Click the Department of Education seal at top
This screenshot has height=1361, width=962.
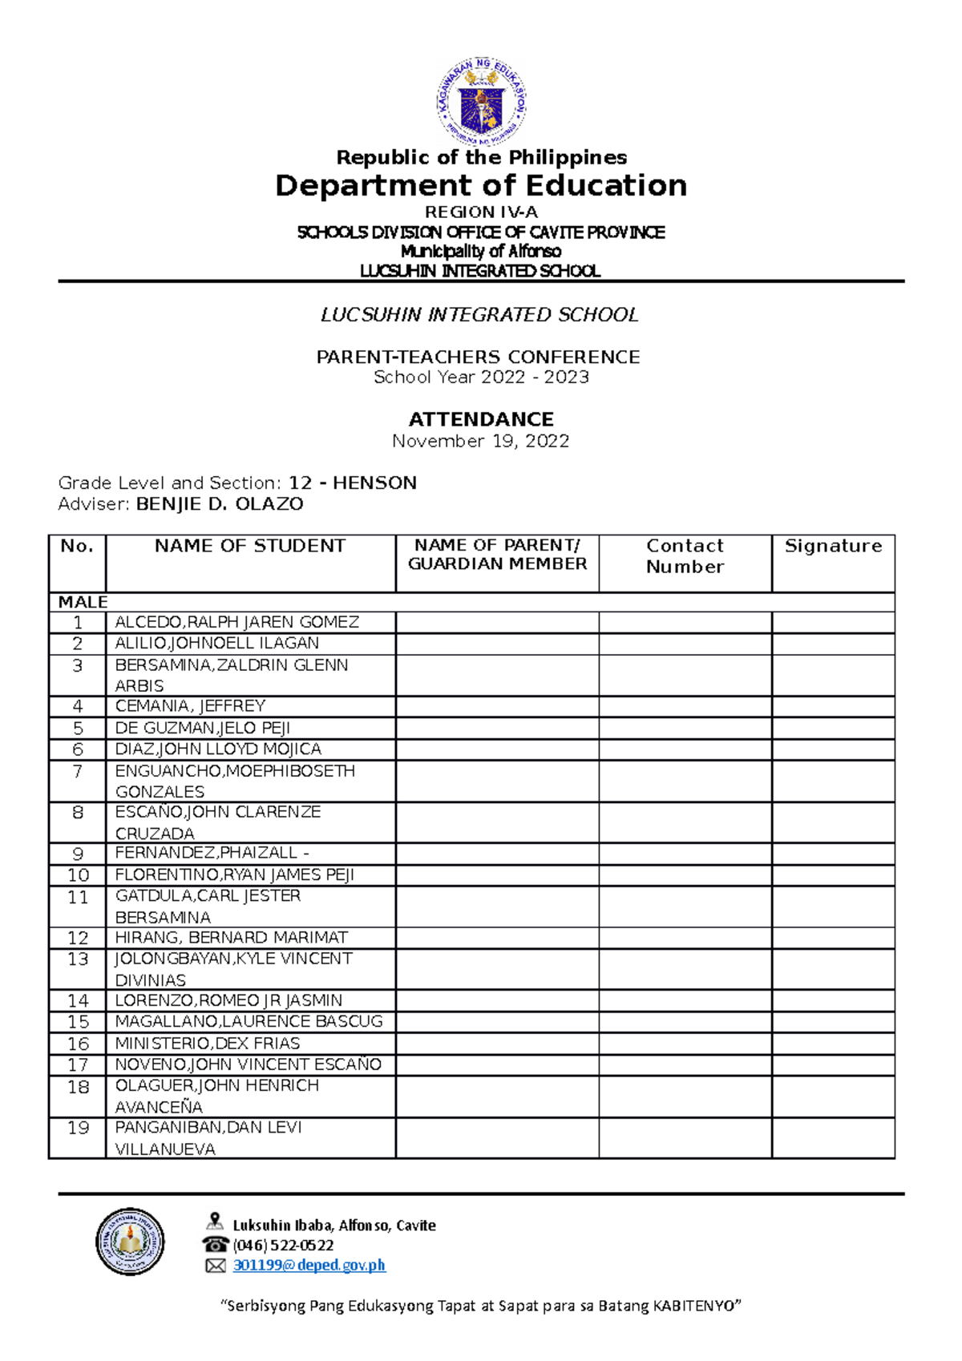(x=481, y=101)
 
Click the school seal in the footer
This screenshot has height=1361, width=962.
(x=130, y=1242)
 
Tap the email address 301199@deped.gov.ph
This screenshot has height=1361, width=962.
(x=309, y=1265)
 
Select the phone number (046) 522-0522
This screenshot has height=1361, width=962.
(x=283, y=1245)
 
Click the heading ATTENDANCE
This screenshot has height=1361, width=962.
(x=481, y=419)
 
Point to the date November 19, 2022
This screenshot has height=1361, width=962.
(x=481, y=441)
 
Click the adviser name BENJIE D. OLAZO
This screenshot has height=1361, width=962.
(x=220, y=504)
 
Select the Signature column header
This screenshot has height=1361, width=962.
(x=833, y=547)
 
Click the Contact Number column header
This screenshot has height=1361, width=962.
(x=685, y=556)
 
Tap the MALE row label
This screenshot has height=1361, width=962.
(x=83, y=602)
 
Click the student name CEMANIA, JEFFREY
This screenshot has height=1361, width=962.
(x=190, y=706)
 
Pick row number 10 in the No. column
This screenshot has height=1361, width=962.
(x=78, y=875)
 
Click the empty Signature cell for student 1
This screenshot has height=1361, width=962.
(x=833, y=623)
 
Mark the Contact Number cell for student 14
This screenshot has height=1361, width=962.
(x=685, y=1000)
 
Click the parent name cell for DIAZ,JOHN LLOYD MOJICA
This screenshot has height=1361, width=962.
(x=497, y=749)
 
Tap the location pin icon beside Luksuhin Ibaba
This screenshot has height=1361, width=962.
(x=214, y=1222)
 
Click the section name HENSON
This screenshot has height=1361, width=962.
(x=374, y=483)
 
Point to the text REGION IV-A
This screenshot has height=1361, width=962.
(x=481, y=212)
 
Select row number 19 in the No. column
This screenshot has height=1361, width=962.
(x=78, y=1129)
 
